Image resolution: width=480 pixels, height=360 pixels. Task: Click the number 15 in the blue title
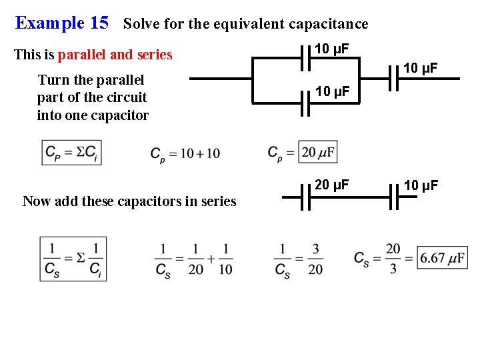tap(99, 23)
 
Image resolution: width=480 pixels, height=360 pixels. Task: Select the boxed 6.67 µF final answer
tap(442, 257)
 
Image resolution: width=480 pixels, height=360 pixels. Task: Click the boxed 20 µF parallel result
tap(318, 153)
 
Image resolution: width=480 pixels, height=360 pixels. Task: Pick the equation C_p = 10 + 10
tap(185, 154)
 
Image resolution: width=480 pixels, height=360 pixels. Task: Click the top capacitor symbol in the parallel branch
tap(305, 60)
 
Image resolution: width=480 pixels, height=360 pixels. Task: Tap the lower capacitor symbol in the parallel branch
tap(305, 104)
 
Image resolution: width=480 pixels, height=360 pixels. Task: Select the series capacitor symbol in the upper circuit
tap(393, 79)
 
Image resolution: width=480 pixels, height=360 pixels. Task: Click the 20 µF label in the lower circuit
tap(331, 184)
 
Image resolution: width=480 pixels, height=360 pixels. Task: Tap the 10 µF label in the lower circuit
tap(420, 185)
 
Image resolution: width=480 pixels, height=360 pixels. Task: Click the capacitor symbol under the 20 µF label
tap(306, 197)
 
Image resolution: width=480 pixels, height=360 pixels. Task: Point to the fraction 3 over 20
tap(315, 259)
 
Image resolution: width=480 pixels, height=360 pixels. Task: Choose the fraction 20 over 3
tap(393, 258)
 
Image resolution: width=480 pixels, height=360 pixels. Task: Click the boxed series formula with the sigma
tap(73, 259)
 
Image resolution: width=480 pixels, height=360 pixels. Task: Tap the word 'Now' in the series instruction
tap(35, 201)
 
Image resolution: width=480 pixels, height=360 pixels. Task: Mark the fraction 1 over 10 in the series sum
tap(225, 259)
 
